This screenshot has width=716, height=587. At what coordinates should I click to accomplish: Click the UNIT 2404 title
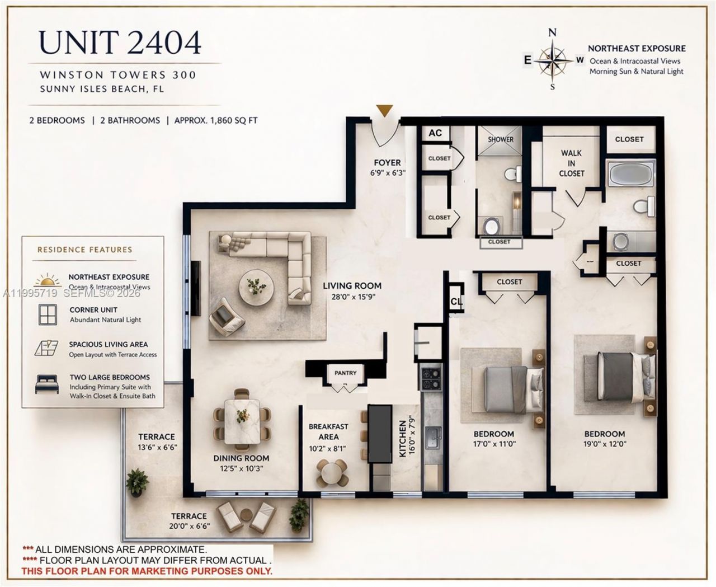(120, 43)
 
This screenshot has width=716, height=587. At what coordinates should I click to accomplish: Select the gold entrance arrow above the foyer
(384, 111)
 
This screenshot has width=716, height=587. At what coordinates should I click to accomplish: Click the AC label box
(435, 133)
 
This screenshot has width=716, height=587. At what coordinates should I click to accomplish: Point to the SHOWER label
(500, 139)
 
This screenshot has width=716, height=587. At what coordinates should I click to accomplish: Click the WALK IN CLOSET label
(571, 163)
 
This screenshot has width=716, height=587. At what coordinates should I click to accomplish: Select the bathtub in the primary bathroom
(630, 175)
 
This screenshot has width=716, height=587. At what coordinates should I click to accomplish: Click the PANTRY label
(345, 373)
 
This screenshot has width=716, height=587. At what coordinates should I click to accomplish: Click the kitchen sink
(433, 437)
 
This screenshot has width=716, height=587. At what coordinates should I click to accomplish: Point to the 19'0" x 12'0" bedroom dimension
(605, 444)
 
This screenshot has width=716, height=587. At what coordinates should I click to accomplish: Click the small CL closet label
(456, 302)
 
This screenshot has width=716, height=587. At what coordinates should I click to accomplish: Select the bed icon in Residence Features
(47, 384)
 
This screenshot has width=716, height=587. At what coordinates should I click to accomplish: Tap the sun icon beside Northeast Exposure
(47, 280)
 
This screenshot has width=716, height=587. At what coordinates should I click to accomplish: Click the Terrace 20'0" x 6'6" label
(189, 521)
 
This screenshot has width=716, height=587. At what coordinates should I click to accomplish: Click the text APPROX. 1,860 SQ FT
(216, 120)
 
